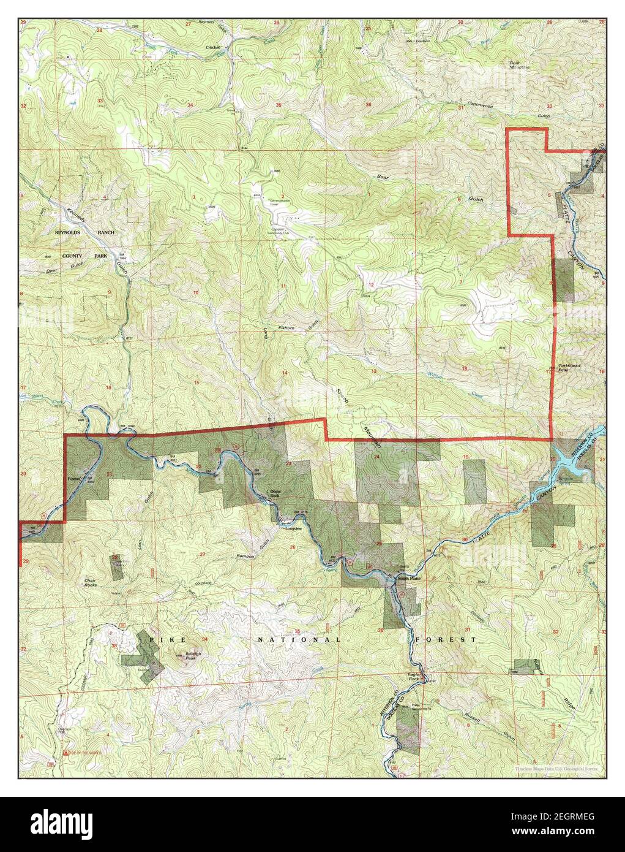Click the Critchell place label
tap(213, 48)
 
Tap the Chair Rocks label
tap(91, 583)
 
